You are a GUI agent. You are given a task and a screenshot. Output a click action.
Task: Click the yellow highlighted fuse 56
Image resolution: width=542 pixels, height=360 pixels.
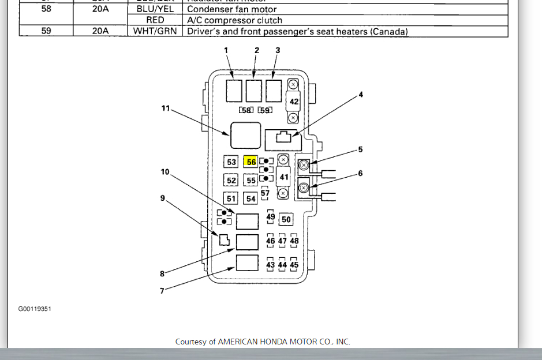pos(251,162)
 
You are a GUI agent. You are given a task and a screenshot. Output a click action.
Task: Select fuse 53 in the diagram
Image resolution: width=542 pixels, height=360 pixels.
pos(231,162)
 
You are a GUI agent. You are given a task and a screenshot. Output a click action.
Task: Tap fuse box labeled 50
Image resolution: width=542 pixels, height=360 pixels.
pos(286,219)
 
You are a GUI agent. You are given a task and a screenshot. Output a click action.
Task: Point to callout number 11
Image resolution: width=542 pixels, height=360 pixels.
pos(166,108)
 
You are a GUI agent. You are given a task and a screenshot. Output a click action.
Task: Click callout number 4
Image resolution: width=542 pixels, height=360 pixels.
pos(361,95)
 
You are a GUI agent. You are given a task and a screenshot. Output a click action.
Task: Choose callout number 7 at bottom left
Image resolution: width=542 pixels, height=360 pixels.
pos(162,291)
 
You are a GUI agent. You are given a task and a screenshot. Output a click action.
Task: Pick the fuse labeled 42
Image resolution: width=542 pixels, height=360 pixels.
pos(294,102)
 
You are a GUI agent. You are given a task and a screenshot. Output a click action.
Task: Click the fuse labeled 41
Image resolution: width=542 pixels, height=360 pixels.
pos(283,177)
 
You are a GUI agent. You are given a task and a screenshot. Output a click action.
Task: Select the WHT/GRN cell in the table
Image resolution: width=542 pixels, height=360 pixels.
pos(154,31)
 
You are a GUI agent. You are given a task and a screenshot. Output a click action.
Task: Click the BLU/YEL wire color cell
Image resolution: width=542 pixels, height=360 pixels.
pos(154,9)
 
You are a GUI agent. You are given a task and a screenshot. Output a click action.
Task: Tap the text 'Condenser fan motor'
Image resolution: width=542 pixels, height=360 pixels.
pos(232,9)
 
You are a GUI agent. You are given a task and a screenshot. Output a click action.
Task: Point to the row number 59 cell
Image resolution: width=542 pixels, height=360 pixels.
pos(46,31)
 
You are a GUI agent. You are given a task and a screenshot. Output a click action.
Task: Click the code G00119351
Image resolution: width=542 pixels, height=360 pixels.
pos(35,309)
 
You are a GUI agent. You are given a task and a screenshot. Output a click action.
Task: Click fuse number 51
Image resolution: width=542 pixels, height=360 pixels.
pos(231,198)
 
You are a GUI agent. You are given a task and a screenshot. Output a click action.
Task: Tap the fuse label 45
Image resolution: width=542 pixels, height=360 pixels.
pos(294,265)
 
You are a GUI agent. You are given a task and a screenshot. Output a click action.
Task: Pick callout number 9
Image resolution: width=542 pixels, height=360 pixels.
pos(163,198)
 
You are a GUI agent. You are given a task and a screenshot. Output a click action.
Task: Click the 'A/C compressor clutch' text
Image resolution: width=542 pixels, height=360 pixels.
pos(234,20)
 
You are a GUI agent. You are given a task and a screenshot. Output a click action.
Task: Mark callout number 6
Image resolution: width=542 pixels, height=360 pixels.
pos(361,173)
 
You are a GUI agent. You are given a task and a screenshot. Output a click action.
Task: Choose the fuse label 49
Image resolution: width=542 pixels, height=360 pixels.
pos(271,217)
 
